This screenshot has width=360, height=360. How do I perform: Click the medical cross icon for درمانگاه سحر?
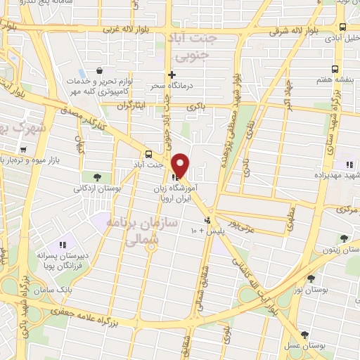pyautogui.click(x=172, y=75)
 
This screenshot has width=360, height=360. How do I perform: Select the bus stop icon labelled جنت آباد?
pyautogui.click(x=148, y=154)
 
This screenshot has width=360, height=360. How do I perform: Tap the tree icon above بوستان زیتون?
pyautogui.click(x=344, y=238)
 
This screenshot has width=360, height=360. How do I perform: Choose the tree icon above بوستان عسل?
pyautogui.click(x=304, y=335)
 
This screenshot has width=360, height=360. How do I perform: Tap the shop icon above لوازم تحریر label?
pyautogui.click(x=100, y=71)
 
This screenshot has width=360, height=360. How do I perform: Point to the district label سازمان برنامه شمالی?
pyautogui.click(x=134, y=231)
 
